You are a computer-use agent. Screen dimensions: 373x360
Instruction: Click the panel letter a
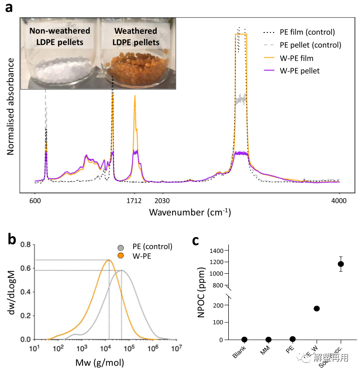click(x=9, y=9)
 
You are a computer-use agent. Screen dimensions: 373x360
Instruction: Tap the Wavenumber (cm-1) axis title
click(x=190, y=212)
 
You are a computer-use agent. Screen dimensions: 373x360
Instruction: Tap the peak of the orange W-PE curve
click(x=109, y=260)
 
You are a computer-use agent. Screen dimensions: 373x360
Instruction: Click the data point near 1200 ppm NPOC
click(x=341, y=264)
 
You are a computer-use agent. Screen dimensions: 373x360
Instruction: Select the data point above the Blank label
click(x=244, y=340)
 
